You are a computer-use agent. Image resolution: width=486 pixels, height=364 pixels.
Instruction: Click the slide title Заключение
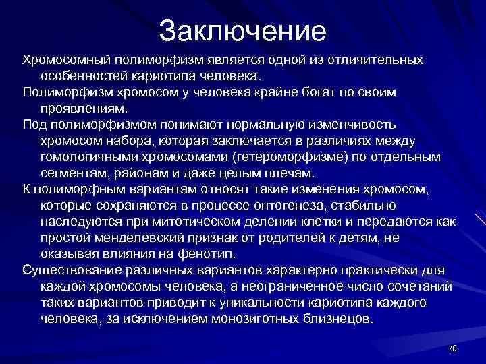click(243, 30)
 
